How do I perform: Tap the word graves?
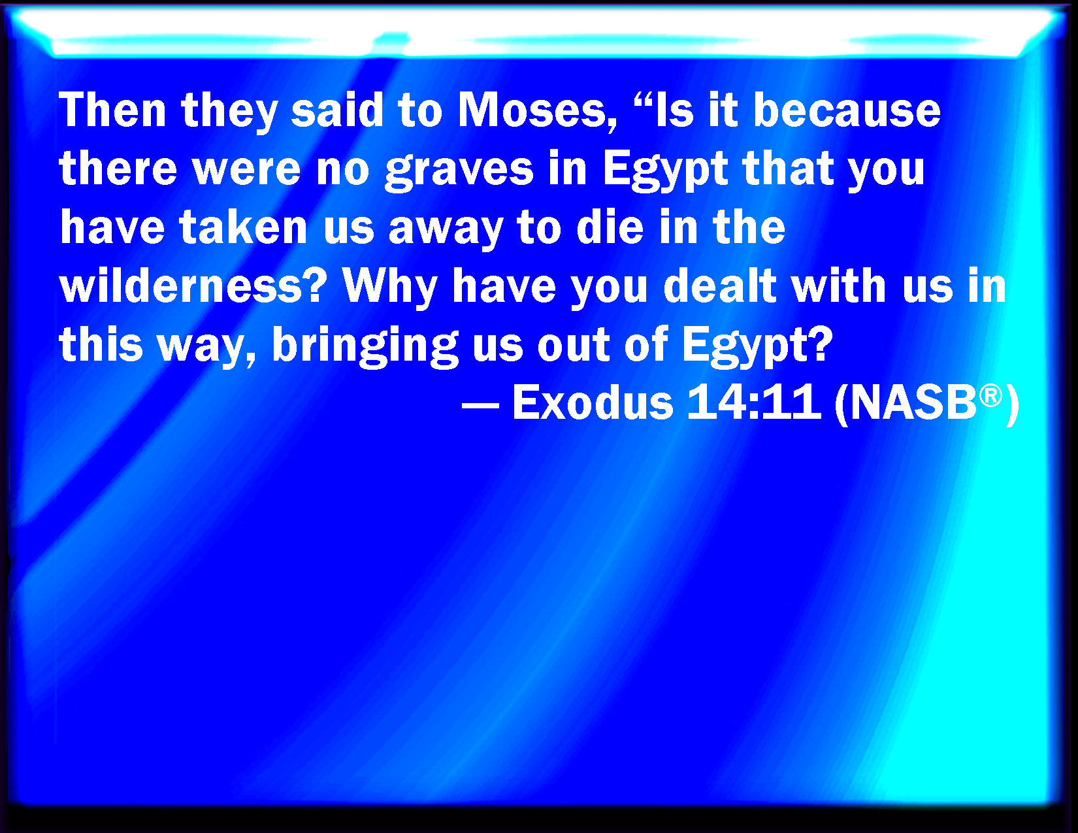(459, 170)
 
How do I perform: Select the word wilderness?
(193, 286)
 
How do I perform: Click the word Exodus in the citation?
(592, 402)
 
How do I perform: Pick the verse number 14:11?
(754, 402)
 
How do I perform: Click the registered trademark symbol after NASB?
(990, 396)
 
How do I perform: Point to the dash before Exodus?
(480, 405)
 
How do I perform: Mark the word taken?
(244, 227)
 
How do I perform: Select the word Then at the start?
(112, 110)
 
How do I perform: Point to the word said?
(337, 110)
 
